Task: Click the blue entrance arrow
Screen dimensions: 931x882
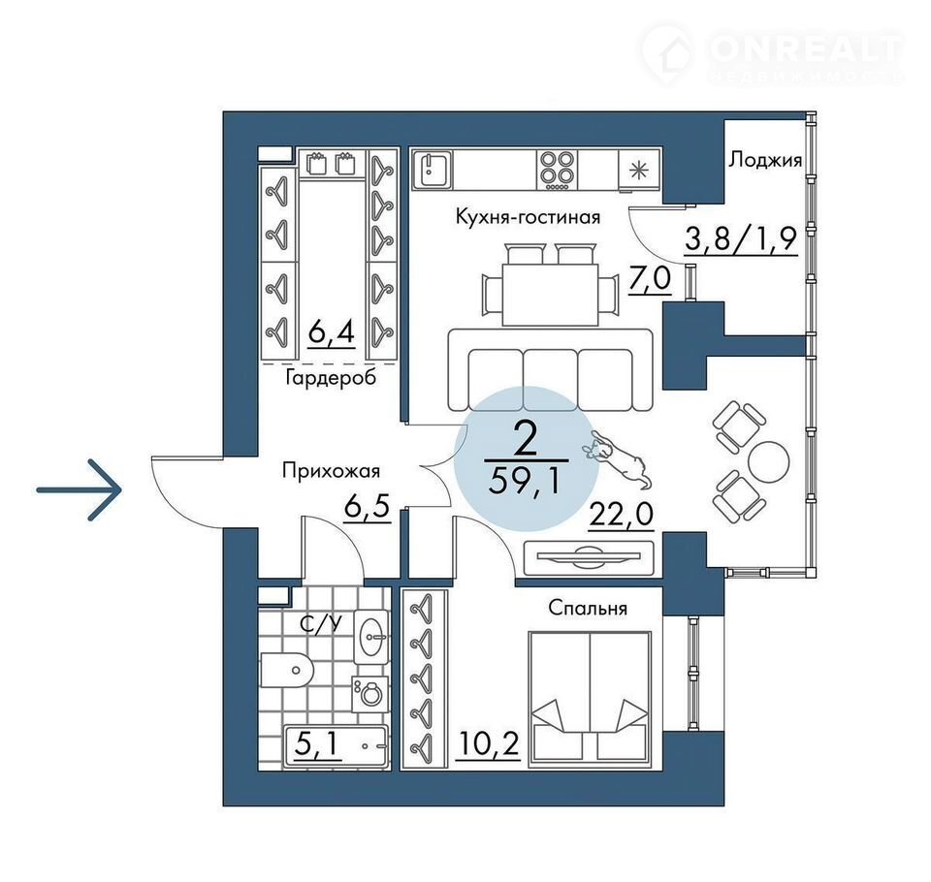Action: tap(79, 490)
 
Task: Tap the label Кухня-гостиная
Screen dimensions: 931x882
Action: tap(528, 217)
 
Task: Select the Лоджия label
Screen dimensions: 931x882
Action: tap(765, 160)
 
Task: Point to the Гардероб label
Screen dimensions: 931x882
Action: tap(331, 377)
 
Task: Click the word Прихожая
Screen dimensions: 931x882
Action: tap(331, 471)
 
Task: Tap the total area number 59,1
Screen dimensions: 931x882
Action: tap(525, 482)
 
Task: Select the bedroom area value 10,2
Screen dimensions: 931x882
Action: tap(488, 743)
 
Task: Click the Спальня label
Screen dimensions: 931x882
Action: tap(588, 609)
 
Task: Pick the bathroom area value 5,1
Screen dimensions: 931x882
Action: tap(318, 742)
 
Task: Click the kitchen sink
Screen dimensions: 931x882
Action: tap(433, 170)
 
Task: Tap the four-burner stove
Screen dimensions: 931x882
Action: tap(557, 170)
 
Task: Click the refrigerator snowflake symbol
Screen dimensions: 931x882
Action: tap(639, 171)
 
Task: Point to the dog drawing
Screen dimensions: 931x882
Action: tap(615, 457)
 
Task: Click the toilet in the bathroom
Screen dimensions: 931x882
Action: tap(287, 670)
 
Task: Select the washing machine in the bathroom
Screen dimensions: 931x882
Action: tap(371, 693)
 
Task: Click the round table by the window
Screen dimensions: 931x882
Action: tap(769, 460)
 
